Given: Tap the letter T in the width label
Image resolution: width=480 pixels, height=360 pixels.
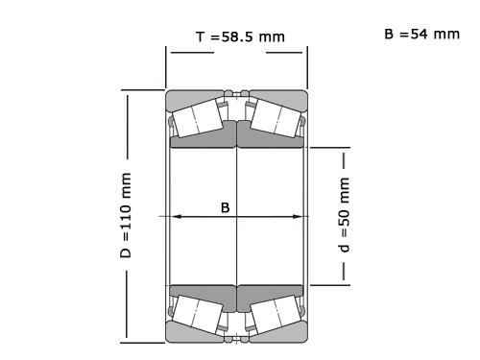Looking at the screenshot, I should pyautogui.click(x=200, y=36).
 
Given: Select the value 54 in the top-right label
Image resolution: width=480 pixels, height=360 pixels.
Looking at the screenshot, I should pyautogui.click(x=419, y=34).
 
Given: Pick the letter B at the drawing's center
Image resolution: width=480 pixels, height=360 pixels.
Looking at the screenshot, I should pyautogui.click(x=225, y=207).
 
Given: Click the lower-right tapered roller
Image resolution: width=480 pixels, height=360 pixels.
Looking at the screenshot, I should pyautogui.click(x=276, y=313).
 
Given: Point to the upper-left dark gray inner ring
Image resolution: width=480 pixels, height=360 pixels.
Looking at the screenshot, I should pyautogui.click(x=204, y=140).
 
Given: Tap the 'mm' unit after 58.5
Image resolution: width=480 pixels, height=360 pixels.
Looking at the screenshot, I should pyautogui.click(x=272, y=36).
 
